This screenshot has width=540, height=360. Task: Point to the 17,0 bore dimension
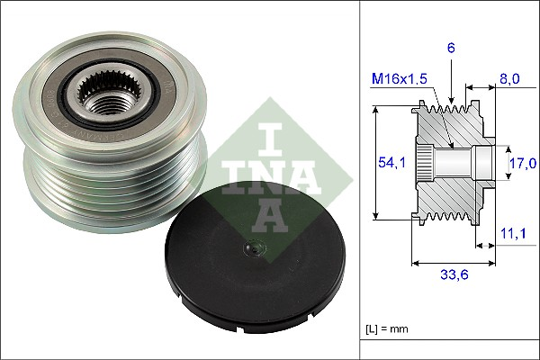(x=522, y=163)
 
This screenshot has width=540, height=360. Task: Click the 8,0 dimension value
(x=509, y=80)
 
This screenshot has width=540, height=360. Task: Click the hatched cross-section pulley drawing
(x=450, y=162)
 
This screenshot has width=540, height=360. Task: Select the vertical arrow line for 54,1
(x=375, y=163)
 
